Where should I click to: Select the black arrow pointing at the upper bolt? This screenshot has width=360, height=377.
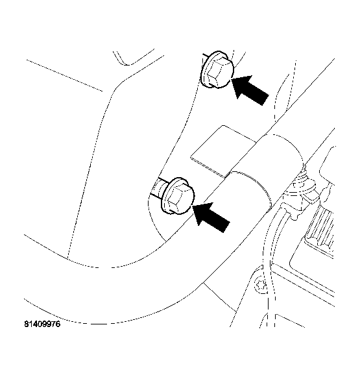point(250,90)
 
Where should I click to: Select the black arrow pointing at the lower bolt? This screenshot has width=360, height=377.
point(211,217)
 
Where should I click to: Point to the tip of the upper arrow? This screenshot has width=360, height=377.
point(232,79)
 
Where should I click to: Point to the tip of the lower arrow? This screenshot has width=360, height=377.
point(193,206)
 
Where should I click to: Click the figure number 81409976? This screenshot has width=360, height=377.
point(42,324)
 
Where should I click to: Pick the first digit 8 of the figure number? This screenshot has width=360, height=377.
point(26,324)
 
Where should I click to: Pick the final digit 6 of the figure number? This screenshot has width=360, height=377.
point(58,324)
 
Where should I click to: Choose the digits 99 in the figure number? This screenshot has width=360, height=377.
point(46,324)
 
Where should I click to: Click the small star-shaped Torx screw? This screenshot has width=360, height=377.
point(261,286)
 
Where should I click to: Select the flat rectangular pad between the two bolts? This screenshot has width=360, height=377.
point(222,151)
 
